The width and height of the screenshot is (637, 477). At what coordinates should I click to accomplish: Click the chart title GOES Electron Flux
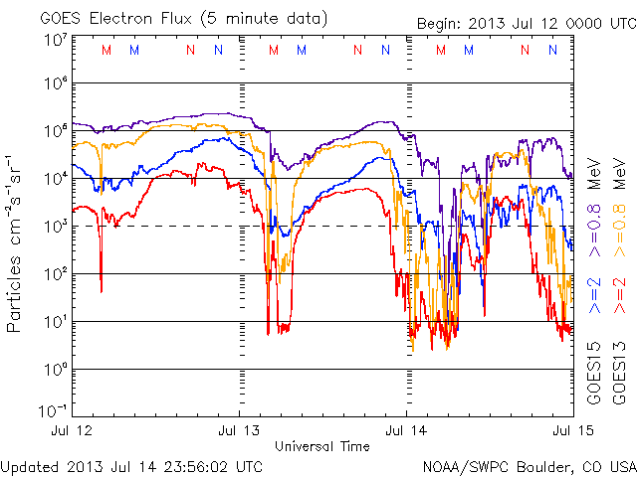point(115,19)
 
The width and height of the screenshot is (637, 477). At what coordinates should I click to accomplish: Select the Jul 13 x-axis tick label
point(239,430)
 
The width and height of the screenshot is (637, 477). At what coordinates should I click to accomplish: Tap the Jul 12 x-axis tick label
point(72,430)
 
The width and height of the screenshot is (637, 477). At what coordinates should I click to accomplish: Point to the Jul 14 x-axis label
point(406,430)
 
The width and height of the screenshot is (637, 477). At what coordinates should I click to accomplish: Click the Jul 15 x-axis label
point(573,430)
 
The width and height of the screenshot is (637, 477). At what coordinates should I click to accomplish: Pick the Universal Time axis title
point(322,446)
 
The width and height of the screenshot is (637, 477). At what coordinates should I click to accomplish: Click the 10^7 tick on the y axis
point(56,41)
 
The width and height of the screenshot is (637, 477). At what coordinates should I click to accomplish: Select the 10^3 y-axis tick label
point(56,227)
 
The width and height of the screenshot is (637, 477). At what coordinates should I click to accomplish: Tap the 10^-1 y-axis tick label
point(53,411)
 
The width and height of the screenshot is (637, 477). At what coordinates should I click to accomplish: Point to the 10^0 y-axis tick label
point(56,370)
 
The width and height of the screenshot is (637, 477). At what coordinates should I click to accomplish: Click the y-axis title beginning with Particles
point(13,244)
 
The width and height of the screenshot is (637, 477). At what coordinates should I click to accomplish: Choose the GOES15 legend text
point(594,374)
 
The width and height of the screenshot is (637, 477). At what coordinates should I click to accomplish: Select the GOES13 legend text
point(619,374)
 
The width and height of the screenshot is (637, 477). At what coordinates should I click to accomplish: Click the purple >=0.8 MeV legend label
point(594,208)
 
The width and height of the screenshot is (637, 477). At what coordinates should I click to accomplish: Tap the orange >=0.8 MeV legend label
point(619,208)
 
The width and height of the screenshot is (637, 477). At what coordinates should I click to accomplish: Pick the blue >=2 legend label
point(594,296)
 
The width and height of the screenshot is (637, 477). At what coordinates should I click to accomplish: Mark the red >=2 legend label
point(619,296)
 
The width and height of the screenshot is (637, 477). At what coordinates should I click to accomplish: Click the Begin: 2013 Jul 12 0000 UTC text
point(527,24)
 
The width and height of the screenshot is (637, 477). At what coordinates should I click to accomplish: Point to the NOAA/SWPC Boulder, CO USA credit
point(530,467)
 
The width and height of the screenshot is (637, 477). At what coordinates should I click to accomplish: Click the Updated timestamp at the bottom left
point(131,467)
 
